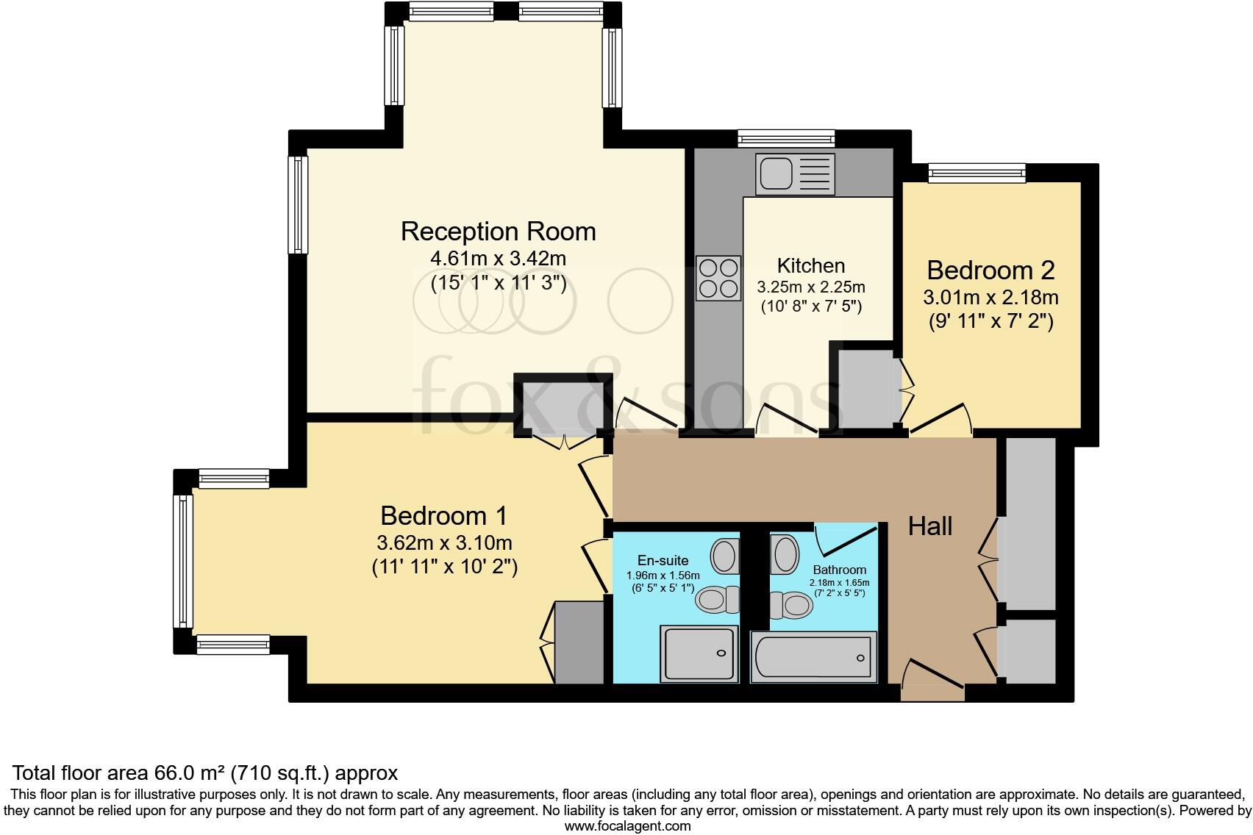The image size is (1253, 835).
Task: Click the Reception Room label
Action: pyautogui.click(x=498, y=232)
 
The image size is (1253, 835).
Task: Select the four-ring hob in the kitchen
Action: pyautogui.click(x=718, y=278)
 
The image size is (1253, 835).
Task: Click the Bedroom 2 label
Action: pyautogui.click(x=990, y=270)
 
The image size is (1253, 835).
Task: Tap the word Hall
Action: pyautogui.click(x=929, y=526)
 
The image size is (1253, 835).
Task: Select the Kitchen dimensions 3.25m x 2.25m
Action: pyautogui.click(x=811, y=287)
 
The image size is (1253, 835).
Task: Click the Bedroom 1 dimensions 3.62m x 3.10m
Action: pyautogui.click(x=444, y=544)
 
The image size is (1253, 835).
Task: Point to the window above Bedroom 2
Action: pyautogui.click(x=977, y=173)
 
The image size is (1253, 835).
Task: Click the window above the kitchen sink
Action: pyautogui.click(x=786, y=138)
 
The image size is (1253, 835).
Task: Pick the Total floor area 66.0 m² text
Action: pyautogui.click(x=205, y=773)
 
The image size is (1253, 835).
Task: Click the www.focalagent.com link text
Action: pyautogui.click(x=627, y=826)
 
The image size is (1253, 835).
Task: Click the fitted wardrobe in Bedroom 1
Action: pyautogui.click(x=579, y=642)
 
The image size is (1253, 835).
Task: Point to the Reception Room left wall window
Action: pyautogui.click(x=298, y=205)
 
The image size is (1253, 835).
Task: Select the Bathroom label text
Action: pyautogui.click(x=839, y=570)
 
